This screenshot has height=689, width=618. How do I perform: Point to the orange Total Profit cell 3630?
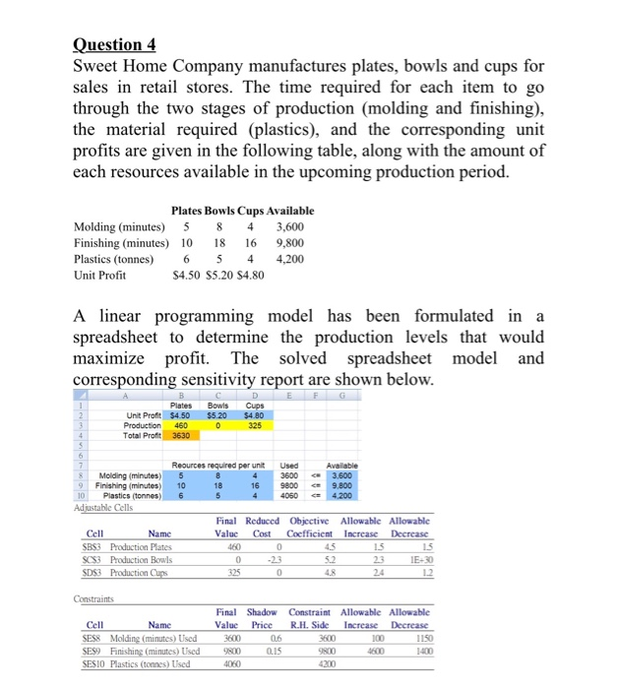(x=181, y=435)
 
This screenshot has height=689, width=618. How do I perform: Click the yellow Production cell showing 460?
(x=181, y=425)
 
